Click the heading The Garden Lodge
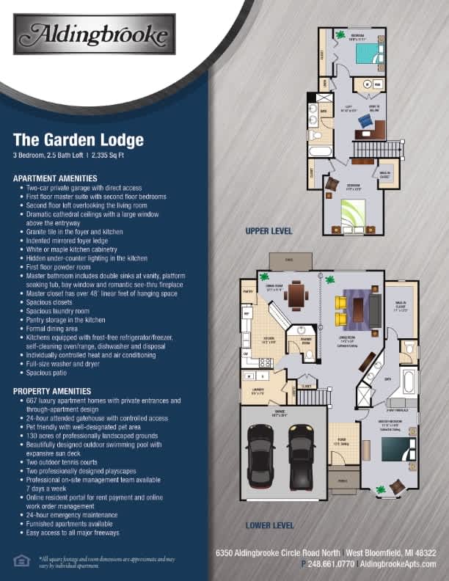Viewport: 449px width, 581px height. click(79, 139)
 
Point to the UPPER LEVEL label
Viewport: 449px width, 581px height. click(269, 231)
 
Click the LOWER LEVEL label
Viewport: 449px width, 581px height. click(270, 525)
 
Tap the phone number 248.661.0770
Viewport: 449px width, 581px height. click(329, 563)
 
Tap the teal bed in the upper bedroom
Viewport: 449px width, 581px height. click(368, 53)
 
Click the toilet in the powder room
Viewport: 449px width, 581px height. click(310, 354)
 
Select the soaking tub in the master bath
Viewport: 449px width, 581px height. click(409, 382)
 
